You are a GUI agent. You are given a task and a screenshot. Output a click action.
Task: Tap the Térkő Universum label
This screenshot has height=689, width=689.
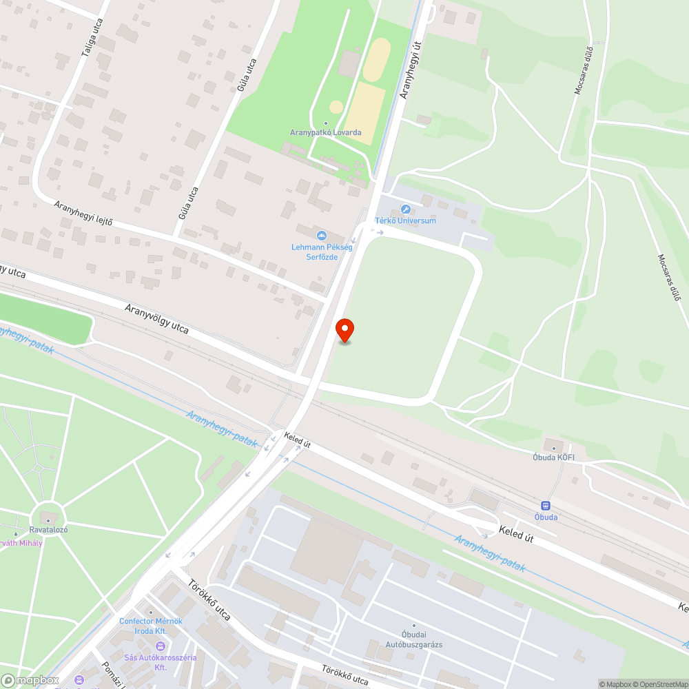coord(405,220)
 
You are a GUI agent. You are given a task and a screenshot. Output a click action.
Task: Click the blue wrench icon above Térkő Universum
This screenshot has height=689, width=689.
coord(405,209)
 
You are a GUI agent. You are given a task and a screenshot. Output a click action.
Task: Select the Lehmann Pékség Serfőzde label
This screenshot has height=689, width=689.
coord(321,251)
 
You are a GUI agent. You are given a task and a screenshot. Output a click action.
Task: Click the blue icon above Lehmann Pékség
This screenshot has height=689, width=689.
coord(321,236)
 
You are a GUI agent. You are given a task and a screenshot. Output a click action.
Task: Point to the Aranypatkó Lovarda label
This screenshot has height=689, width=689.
coord(326,132)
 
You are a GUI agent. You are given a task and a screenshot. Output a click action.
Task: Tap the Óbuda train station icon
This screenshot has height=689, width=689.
coord(546,506)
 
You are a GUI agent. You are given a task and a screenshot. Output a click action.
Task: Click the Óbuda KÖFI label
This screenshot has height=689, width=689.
coord(553,456)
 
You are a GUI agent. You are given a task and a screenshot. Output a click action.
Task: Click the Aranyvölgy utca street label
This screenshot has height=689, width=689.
coord(156,319)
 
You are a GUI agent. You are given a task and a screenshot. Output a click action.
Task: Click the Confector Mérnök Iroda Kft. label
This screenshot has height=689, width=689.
coord(151,626)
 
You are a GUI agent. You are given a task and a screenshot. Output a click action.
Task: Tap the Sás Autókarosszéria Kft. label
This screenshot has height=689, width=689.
coord(161,662)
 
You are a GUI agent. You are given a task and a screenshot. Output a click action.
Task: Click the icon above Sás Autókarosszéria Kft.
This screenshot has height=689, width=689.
coord(161,646)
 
